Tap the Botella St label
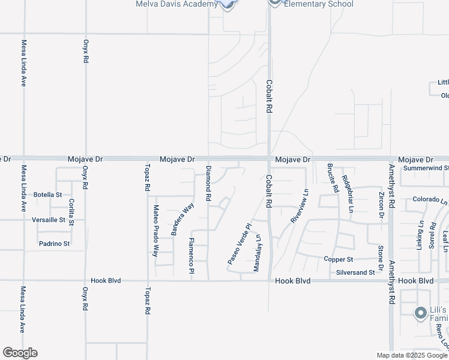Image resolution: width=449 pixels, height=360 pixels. pos(48,195)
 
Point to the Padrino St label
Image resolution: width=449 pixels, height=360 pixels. pos(55,244)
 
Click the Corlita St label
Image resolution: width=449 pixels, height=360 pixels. pos(71,212)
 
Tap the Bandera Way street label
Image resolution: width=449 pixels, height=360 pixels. pos(183,219)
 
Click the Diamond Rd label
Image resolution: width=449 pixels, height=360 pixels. pos(208,183)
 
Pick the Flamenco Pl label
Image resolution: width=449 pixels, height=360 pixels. pos(191,256)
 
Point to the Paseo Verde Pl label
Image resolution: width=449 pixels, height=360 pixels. pos(238,244)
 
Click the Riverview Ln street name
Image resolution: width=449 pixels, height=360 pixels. pos(299,207)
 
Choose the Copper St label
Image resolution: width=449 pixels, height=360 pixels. pos(337,260)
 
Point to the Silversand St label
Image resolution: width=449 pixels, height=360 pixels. pos(355,272)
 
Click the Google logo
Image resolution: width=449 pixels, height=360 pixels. pos(20,353)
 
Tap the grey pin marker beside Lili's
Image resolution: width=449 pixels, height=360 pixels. pos(420,312)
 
